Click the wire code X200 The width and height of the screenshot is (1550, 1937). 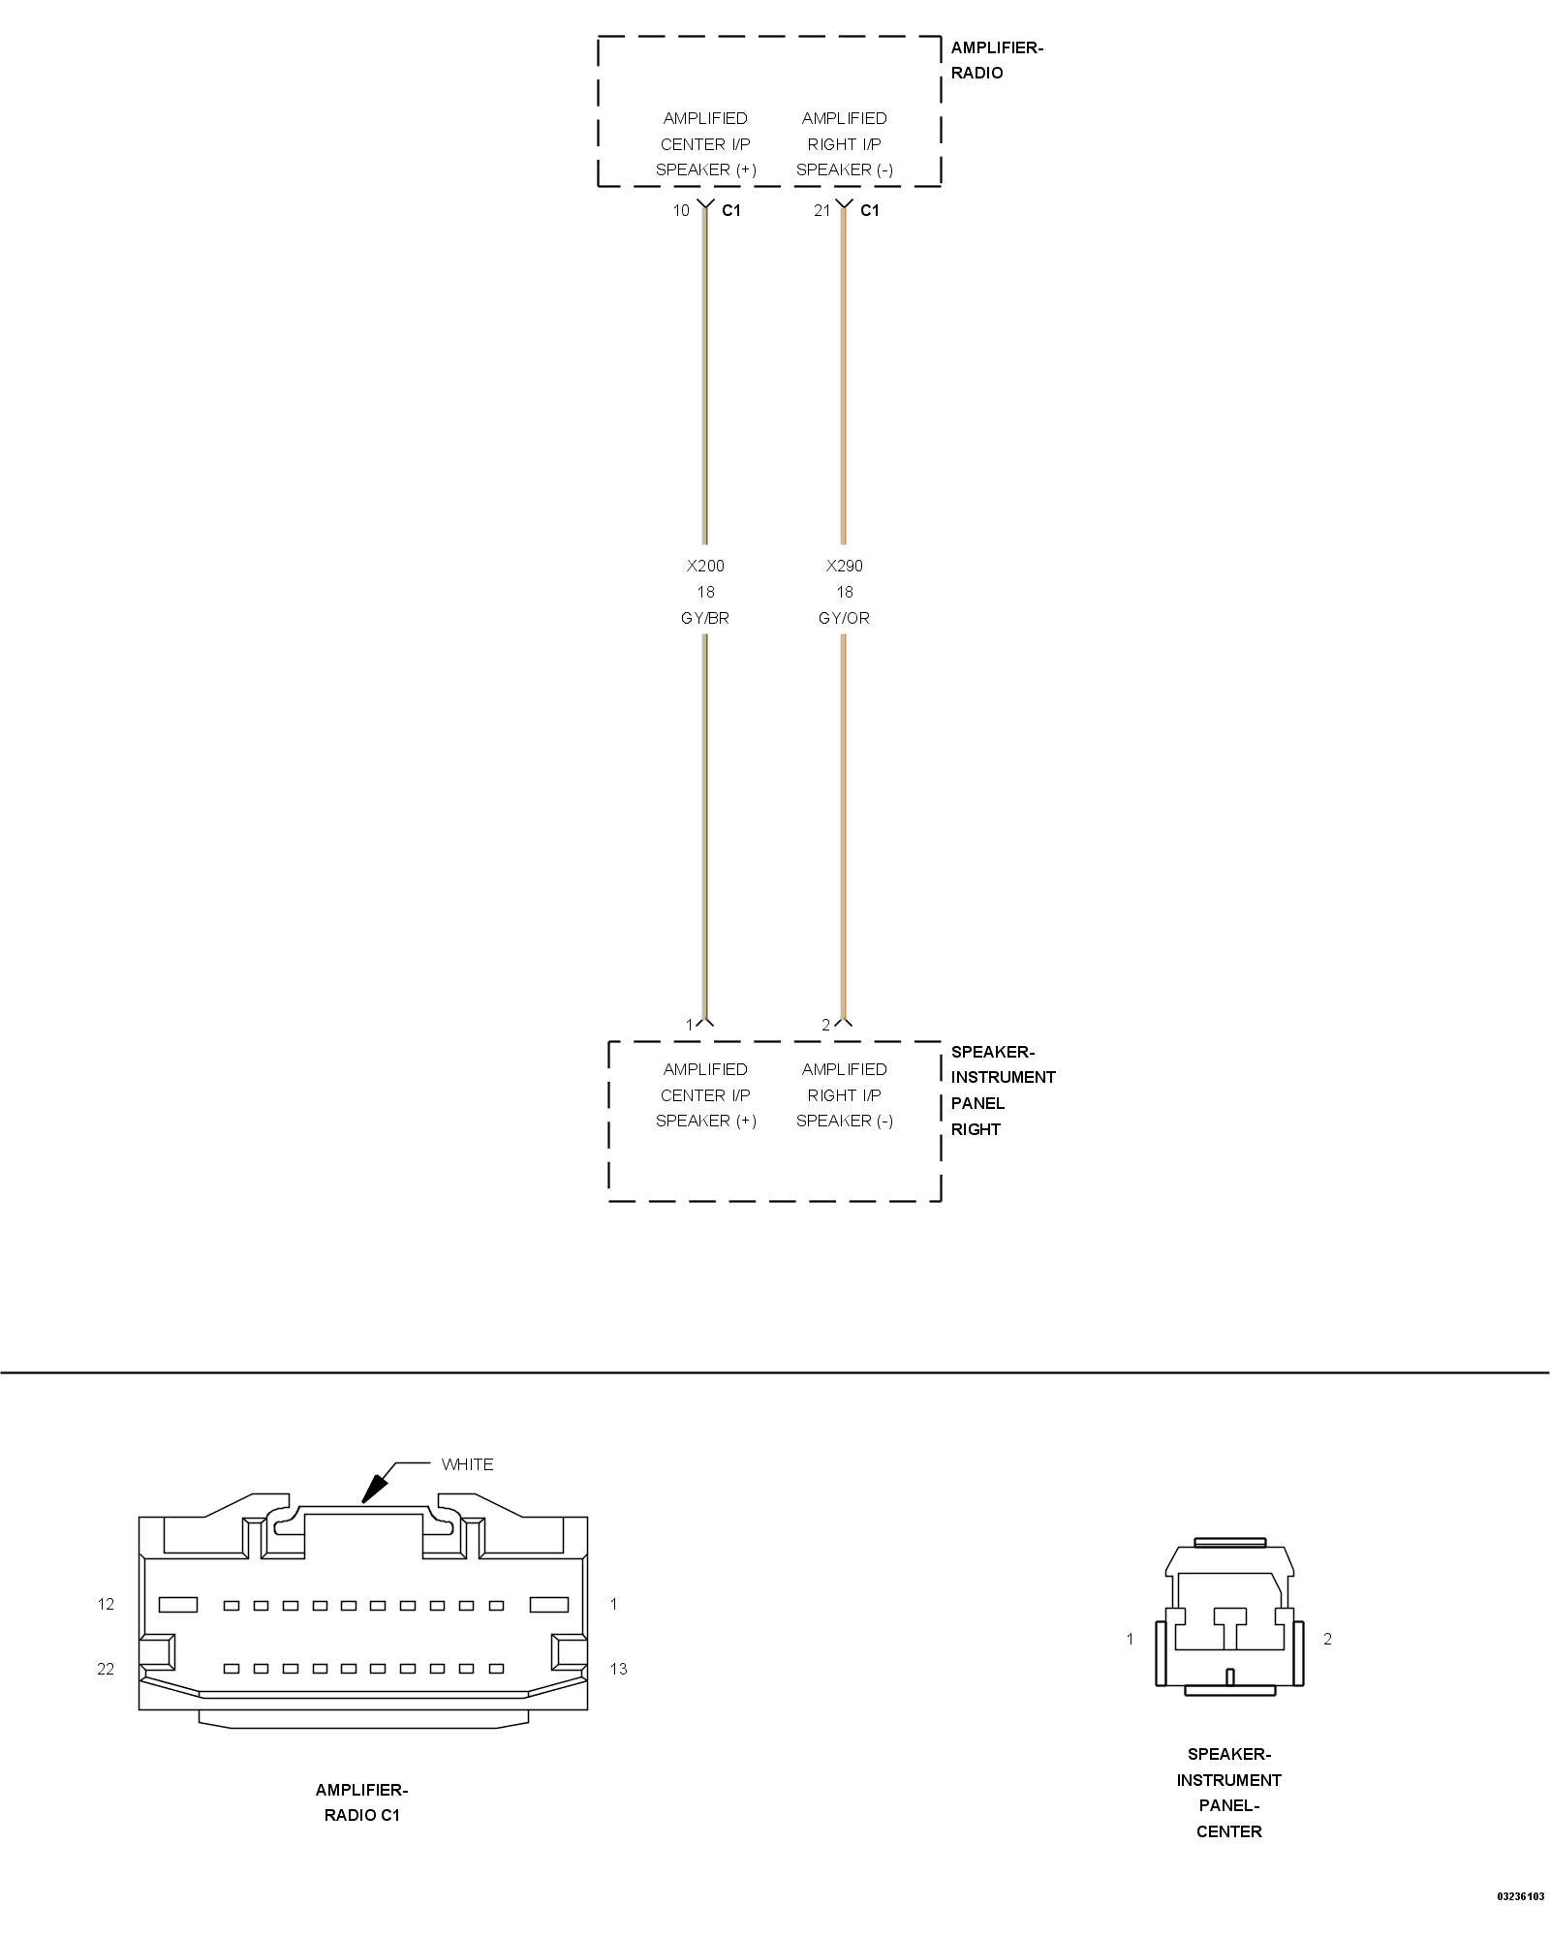705,566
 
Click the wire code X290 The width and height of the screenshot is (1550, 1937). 844,566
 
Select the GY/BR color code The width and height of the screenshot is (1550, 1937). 705,618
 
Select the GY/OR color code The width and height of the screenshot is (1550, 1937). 844,618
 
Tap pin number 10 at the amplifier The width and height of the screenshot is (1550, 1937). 681,210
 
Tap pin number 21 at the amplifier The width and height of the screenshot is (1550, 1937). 821,210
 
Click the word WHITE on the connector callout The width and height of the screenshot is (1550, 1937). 467,1464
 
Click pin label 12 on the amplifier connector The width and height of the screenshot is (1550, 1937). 106,1604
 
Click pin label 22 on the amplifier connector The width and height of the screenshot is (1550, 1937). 106,1669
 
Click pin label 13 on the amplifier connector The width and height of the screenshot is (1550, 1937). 618,1669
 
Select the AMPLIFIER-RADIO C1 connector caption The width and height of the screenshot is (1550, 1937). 361,1802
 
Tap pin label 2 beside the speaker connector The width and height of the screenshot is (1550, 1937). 1327,1639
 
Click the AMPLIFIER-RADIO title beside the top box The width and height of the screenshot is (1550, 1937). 996,60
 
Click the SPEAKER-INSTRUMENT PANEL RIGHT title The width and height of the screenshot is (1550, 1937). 1002,1090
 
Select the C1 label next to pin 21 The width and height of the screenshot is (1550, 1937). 870,210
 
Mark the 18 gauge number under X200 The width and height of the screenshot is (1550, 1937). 705,592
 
